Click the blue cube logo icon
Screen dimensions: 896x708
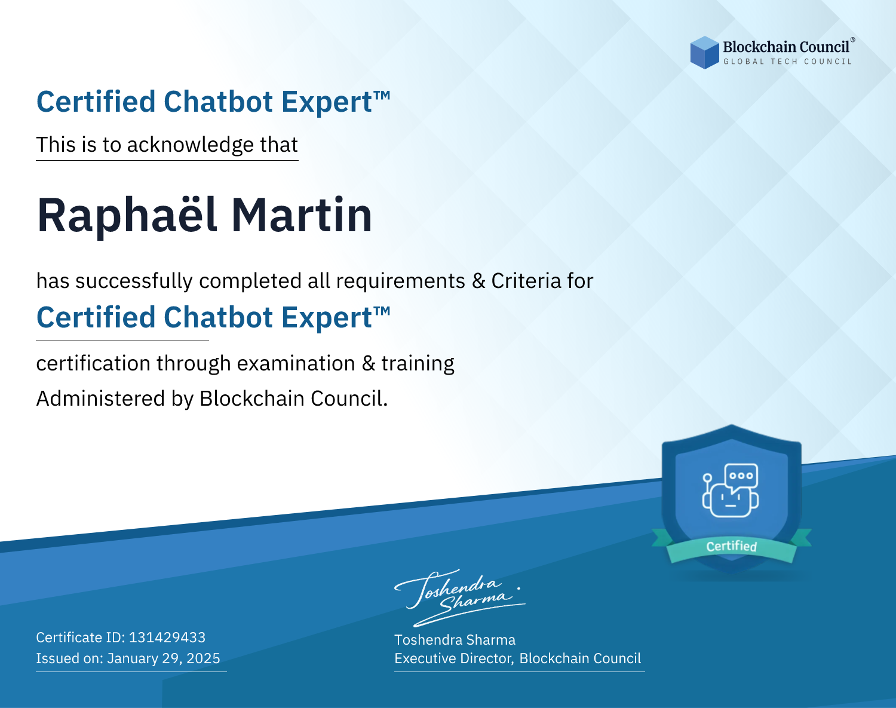[x=704, y=53]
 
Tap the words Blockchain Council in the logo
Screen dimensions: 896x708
[x=786, y=47]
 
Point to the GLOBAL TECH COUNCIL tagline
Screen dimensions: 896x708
[x=788, y=62]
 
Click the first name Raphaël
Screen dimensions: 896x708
[x=127, y=215]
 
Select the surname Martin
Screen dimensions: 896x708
[x=302, y=215]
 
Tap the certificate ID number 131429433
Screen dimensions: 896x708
[x=167, y=637]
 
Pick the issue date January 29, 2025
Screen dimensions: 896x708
[x=163, y=658]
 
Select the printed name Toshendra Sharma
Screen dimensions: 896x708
[x=455, y=640]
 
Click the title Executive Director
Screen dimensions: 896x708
[x=453, y=658]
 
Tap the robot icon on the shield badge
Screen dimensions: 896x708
[x=731, y=491]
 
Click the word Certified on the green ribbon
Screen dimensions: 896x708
[x=732, y=546]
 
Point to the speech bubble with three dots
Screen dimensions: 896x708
[x=741, y=476]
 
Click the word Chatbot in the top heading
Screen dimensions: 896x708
[x=219, y=102]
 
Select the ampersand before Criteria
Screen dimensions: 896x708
[x=478, y=281]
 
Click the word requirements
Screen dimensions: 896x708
[x=401, y=281]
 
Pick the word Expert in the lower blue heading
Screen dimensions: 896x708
[x=327, y=318]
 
